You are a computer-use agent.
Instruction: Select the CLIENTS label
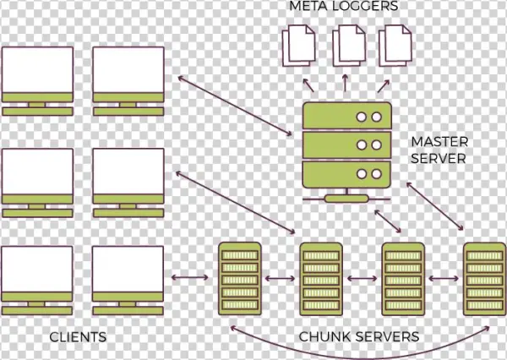coord(78,337)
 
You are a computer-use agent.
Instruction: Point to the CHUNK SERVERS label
coord(359,337)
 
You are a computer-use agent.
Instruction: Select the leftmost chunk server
coord(237,276)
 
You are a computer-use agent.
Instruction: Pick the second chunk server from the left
coord(319,276)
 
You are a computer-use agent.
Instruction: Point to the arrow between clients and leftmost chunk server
coord(188,276)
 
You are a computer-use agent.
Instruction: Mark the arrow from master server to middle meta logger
coord(345,81)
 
